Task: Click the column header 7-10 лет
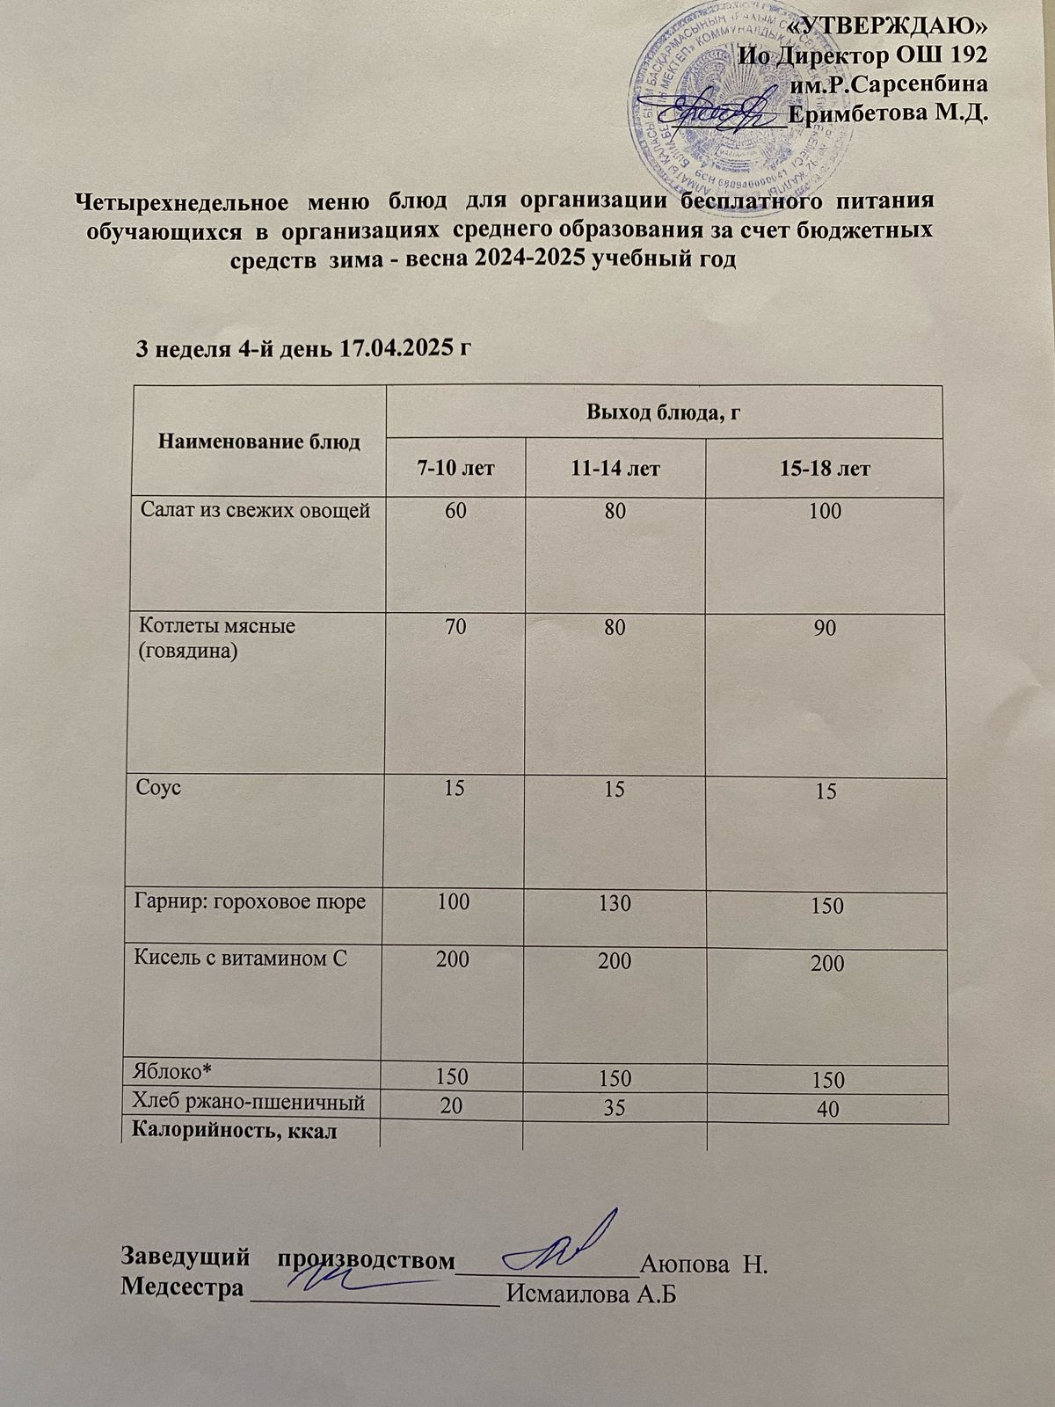point(455,469)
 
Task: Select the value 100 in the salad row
point(827,512)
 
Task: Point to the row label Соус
point(159,787)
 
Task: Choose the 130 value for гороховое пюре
point(615,903)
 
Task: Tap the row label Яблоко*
point(173,1069)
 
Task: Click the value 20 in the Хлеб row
point(453,1107)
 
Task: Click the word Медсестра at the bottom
point(181,1288)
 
